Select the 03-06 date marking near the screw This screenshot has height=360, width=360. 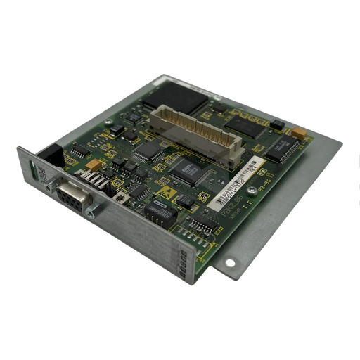click(266, 189)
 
